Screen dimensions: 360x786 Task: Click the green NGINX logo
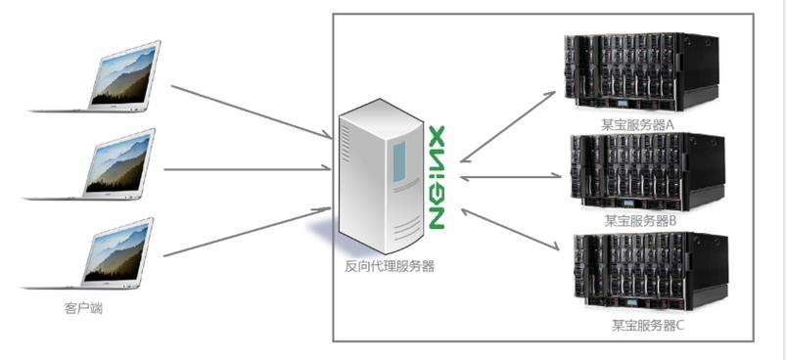tap(437, 177)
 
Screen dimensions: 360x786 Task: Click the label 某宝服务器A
tap(640, 124)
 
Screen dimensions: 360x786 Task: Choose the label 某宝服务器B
tap(641, 220)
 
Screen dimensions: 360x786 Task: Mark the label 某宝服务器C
tap(647, 324)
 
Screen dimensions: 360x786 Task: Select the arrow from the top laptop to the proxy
tap(250, 111)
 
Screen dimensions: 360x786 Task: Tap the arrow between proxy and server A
tap(509, 125)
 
